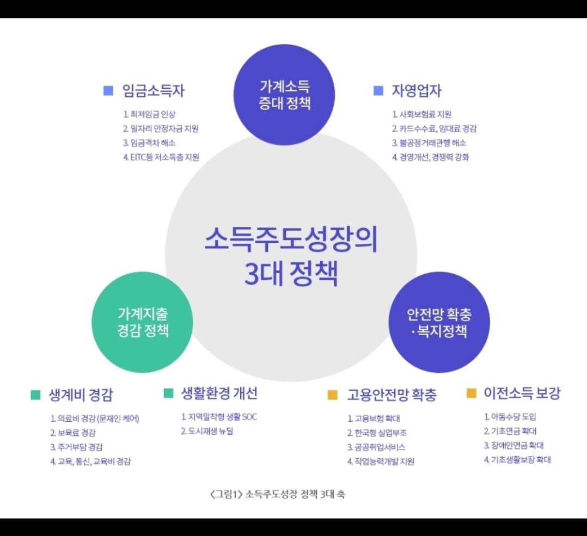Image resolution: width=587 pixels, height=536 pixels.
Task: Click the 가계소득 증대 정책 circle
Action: [284, 94]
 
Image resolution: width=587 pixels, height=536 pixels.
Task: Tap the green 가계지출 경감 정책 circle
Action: [143, 322]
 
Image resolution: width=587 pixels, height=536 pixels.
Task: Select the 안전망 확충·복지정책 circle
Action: [439, 322]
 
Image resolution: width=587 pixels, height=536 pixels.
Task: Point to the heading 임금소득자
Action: [154, 91]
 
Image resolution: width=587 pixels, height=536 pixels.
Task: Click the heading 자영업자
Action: [416, 90]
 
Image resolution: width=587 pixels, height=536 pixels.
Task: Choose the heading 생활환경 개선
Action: [219, 393]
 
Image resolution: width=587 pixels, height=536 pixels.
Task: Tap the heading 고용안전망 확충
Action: [392, 395]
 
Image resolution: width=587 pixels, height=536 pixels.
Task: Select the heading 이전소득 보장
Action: [522, 393]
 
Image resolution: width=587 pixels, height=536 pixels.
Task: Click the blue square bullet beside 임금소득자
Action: [108, 90]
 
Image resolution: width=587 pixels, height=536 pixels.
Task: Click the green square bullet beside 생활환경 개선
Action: [168, 393]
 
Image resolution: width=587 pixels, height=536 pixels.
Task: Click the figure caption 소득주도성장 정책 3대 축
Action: [277, 495]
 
